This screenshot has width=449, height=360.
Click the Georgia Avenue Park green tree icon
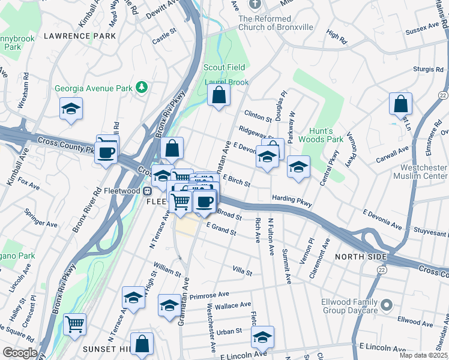[x=142, y=88]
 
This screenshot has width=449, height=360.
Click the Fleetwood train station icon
[x=146, y=191]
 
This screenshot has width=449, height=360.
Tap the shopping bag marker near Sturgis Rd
[x=400, y=104]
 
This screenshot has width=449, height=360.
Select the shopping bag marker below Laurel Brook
[x=219, y=95]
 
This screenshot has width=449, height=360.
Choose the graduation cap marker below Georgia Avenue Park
[x=71, y=109]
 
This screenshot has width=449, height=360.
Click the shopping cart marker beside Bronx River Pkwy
[x=75, y=325]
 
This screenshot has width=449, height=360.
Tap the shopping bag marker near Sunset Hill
[x=142, y=344]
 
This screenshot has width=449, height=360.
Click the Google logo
[x=20, y=353]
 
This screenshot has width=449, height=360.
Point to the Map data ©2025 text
[x=422, y=355]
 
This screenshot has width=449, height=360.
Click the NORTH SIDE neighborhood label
[x=358, y=257]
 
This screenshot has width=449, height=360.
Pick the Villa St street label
[x=242, y=272]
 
